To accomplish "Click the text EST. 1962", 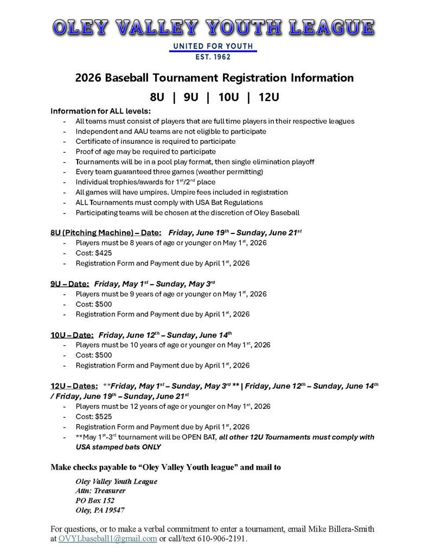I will [x=213, y=56].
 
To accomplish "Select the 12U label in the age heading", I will [x=268, y=98].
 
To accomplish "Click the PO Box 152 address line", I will [x=95, y=500].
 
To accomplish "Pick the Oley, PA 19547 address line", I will [x=100, y=510].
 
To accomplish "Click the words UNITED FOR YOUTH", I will [x=213, y=46].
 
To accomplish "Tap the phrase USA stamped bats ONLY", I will [x=118, y=447].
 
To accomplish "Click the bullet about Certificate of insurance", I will [x=156, y=141].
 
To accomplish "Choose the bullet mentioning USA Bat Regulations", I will [x=177, y=203].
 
